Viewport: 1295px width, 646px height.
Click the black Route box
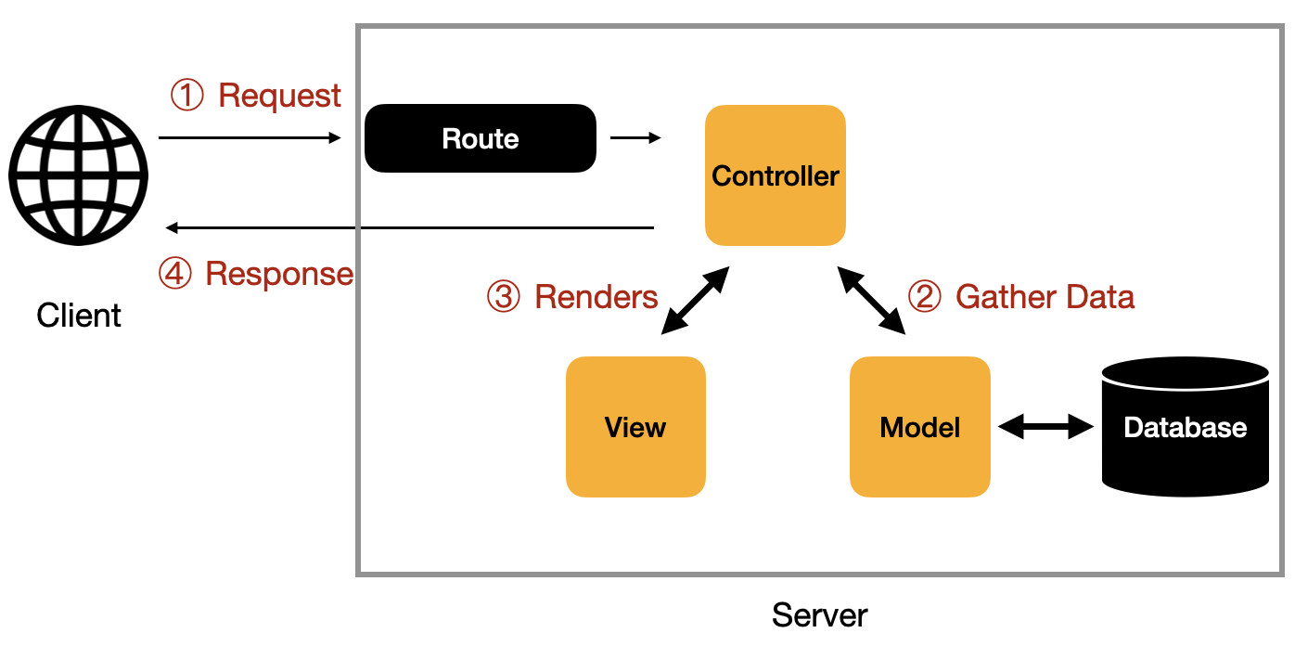(480, 138)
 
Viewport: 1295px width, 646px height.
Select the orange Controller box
(775, 175)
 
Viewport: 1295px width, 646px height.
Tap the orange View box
(635, 427)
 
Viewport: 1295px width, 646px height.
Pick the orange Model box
(919, 427)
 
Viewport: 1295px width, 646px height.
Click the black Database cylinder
(1185, 427)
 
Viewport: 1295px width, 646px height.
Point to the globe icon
(79, 176)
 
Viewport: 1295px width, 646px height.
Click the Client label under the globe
(79, 316)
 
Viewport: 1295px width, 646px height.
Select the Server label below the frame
(820, 615)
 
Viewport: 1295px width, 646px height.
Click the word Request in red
(279, 96)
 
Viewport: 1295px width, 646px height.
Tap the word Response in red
(279, 274)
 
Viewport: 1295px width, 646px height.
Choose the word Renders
(596, 297)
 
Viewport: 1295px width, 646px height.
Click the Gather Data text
(1045, 297)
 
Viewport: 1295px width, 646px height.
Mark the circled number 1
(187, 96)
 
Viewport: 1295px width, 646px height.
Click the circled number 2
(924, 297)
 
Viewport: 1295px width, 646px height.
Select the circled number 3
(504, 297)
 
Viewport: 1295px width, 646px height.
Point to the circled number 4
(174, 274)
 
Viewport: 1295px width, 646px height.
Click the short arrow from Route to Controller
(635, 138)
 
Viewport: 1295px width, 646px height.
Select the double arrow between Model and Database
(1046, 427)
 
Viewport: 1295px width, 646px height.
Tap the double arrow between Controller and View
(696, 300)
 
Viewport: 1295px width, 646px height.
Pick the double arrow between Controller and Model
(871, 300)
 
